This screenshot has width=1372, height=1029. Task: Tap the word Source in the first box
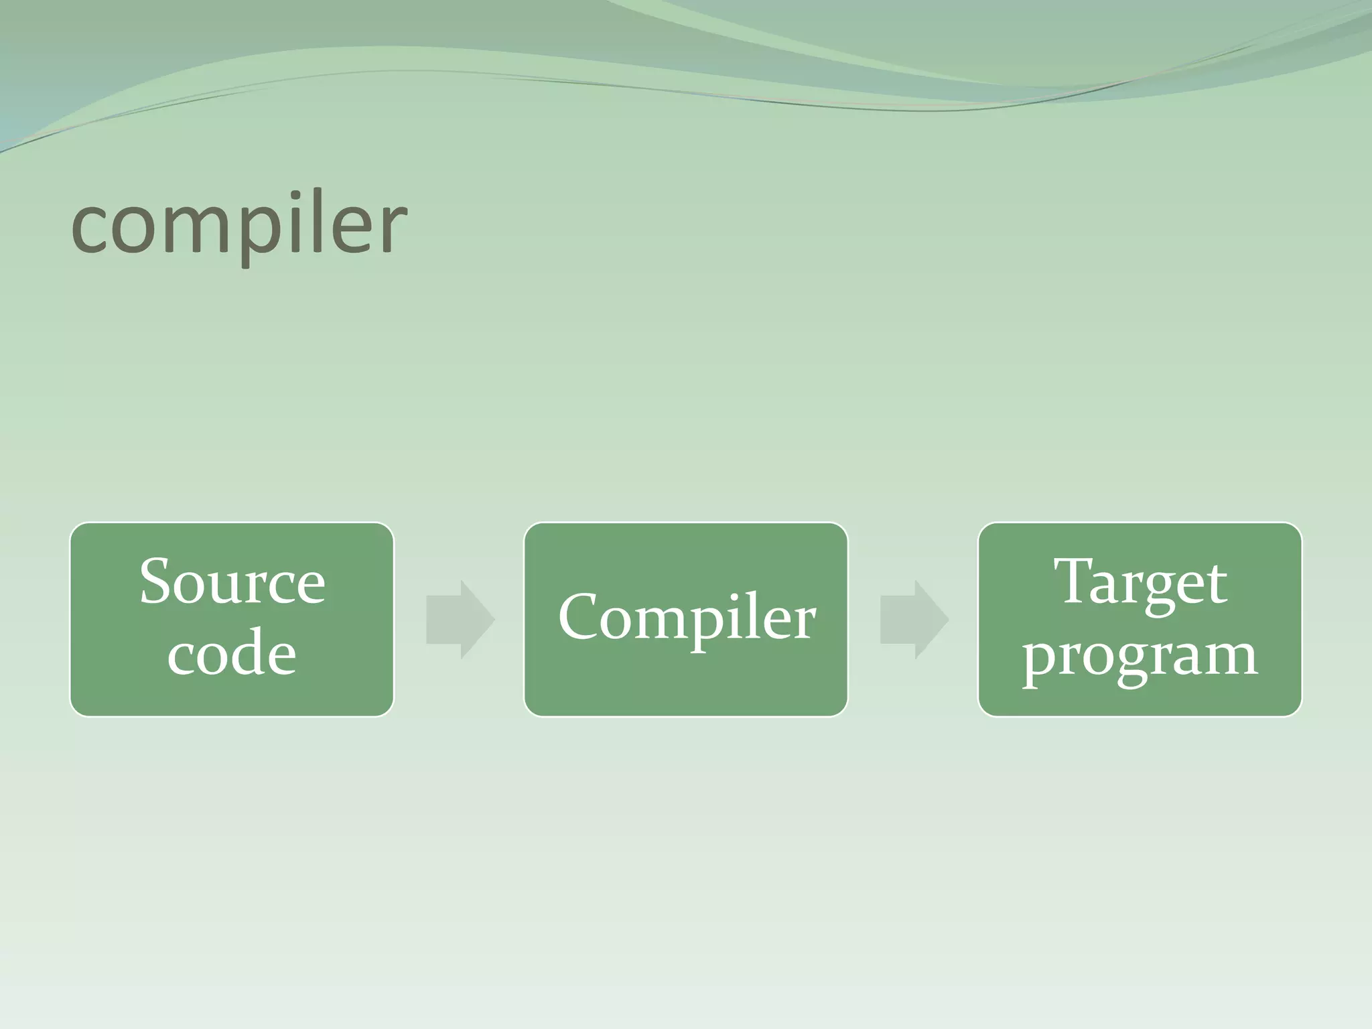tap(232, 581)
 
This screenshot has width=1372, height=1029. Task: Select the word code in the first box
tap(232, 654)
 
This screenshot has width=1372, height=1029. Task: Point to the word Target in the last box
tap(1140, 581)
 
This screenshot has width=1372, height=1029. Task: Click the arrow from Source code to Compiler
tap(461, 620)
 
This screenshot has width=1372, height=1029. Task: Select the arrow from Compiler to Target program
tap(914, 620)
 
